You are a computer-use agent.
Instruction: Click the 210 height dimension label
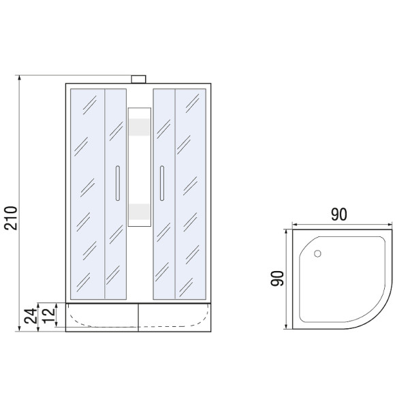point(11,218)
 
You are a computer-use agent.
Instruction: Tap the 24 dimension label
point(31,316)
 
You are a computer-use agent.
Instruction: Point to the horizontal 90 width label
point(339,215)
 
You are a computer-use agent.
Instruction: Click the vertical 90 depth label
point(277,279)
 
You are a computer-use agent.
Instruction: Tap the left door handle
point(118,183)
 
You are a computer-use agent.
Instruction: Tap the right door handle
point(162,183)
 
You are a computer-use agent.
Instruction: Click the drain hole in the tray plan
point(317,253)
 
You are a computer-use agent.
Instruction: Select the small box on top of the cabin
point(138,79)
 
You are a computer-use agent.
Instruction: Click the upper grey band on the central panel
point(140,127)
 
